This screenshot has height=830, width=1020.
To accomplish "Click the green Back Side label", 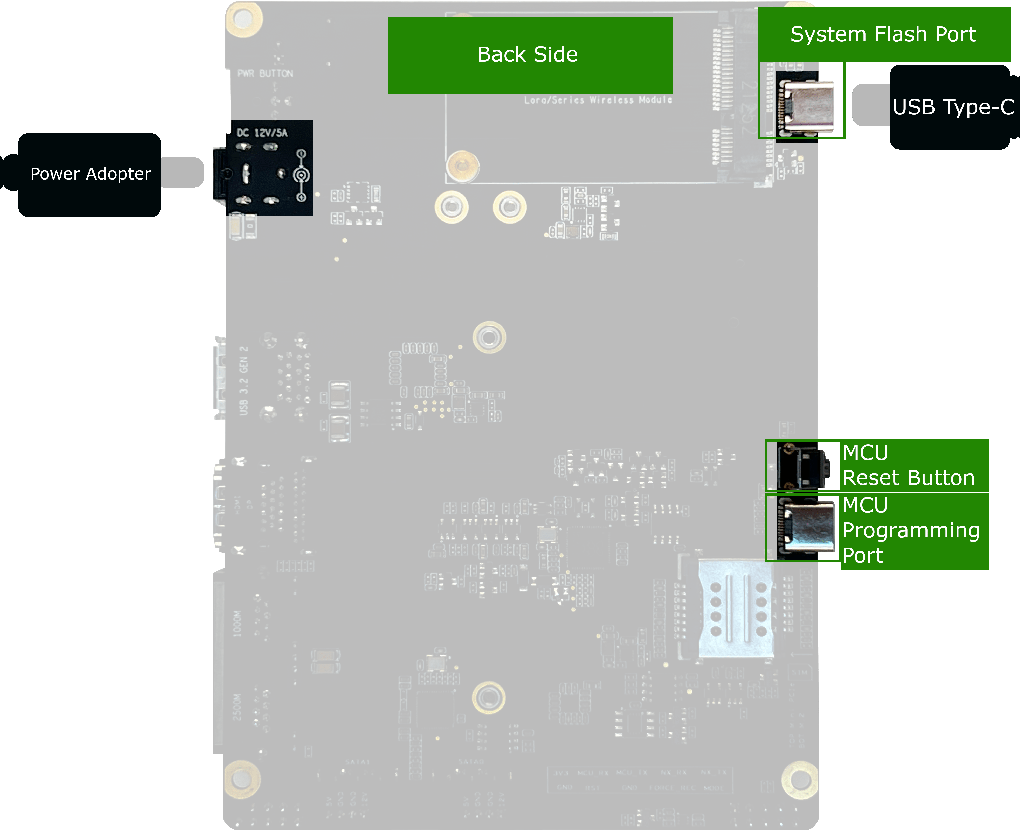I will [x=530, y=55].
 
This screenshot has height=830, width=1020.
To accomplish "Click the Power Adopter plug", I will [x=89, y=175].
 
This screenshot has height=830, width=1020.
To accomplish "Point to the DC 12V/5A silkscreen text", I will [x=262, y=132].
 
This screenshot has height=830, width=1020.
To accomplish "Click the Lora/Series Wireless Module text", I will [x=598, y=100].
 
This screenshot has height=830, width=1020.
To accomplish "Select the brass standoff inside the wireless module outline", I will [x=462, y=166].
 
